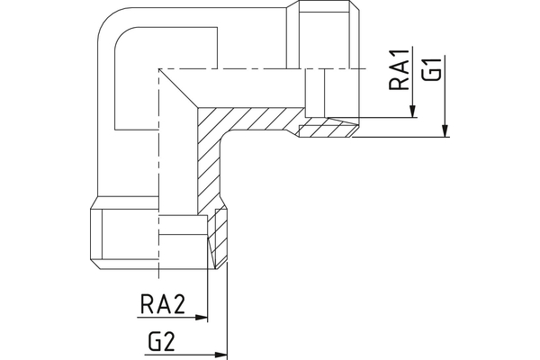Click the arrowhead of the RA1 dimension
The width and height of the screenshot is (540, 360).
[411, 113]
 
